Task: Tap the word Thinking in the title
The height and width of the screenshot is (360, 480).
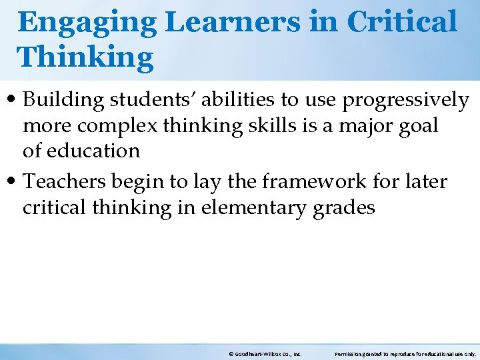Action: (85, 57)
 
